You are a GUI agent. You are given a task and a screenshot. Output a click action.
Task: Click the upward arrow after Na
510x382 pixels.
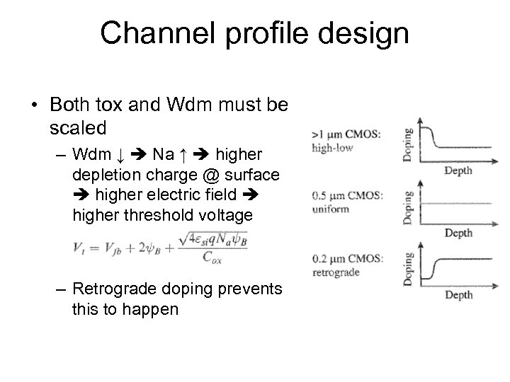pos(184,154)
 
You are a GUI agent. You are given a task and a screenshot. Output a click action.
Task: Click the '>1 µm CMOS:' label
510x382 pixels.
pos(346,135)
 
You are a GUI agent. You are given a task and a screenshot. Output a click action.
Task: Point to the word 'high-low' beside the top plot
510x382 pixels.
pos(330,148)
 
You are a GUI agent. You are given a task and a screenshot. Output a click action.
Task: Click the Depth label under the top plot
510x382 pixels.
pos(458,170)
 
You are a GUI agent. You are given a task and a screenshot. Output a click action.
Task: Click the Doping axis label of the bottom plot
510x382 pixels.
pos(408,267)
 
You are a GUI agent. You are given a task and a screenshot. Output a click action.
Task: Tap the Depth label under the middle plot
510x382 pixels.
pos(458,233)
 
